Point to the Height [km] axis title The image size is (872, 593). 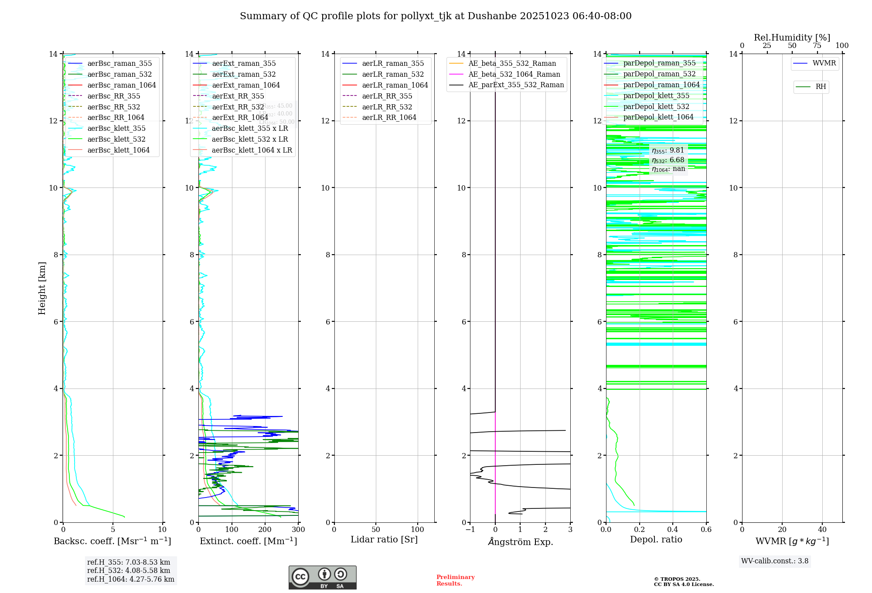tap(42, 288)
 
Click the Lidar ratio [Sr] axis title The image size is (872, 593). tap(384, 539)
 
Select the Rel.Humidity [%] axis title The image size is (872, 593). tap(792, 37)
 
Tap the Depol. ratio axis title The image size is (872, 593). tap(656, 539)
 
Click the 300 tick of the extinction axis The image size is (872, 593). tap(298, 530)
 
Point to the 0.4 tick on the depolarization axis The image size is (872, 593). tap(673, 530)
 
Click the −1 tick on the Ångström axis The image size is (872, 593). tap(470, 530)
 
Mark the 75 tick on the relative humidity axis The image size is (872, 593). tap(817, 46)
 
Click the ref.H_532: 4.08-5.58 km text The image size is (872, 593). tap(129, 571)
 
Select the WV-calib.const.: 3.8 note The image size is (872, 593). tap(775, 561)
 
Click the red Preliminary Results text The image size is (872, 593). tap(455, 580)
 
